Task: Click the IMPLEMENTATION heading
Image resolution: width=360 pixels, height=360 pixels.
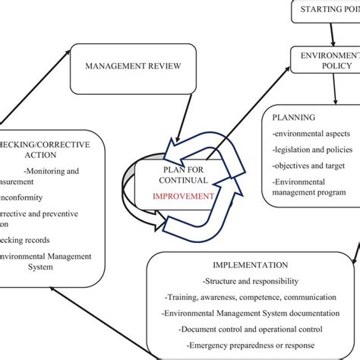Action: pos(251,265)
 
